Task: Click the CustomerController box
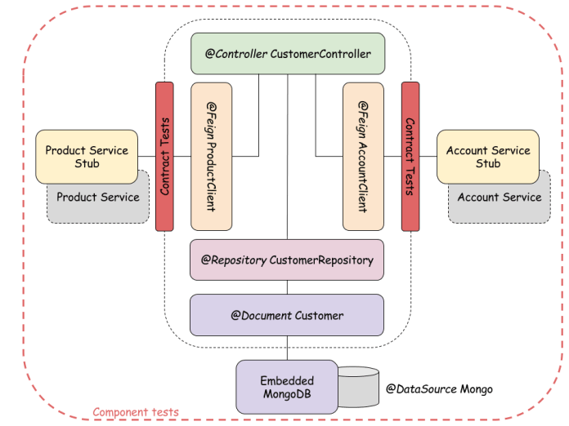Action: [287, 54]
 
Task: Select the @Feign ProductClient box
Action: [212, 156]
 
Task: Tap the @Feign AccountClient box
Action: [364, 156]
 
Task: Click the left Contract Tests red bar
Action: [164, 156]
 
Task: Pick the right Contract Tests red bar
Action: [410, 156]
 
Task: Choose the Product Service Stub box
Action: [87, 156]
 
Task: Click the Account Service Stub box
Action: [488, 156]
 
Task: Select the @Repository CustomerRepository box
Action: [287, 260]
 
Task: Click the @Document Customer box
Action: [287, 315]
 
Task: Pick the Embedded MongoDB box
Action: [287, 388]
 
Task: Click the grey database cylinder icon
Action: [356, 387]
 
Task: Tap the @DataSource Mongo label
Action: [439, 389]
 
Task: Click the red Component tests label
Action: [136, 412]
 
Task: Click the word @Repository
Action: [233, 260]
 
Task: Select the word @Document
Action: [260, 315]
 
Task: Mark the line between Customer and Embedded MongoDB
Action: [287, 348]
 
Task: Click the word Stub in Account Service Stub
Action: [488, 163]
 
